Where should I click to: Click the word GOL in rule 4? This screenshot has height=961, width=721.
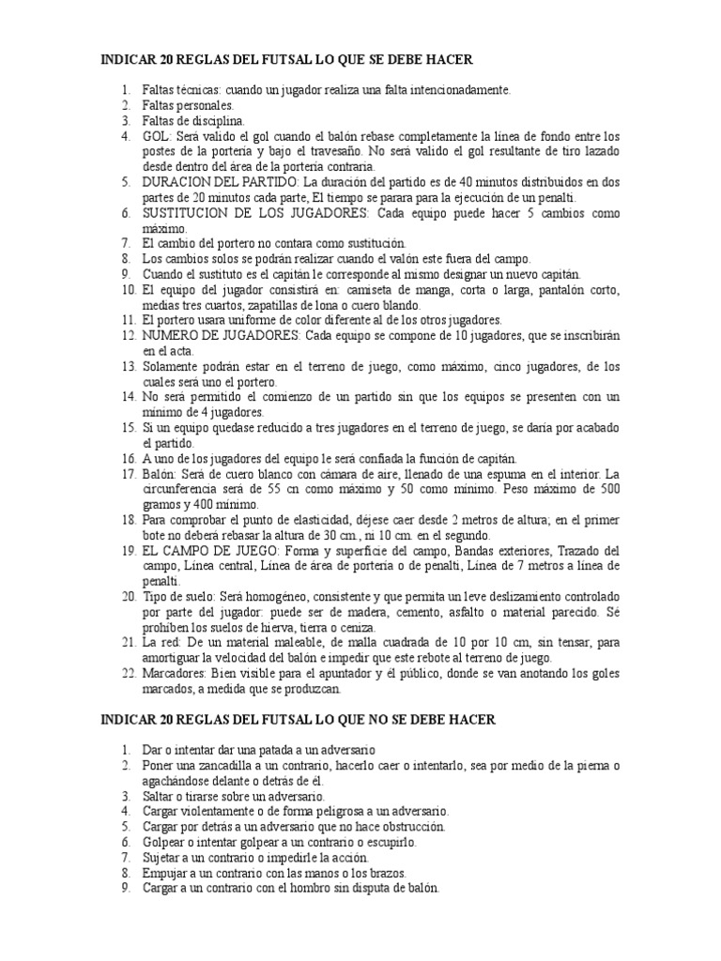click(156, 135)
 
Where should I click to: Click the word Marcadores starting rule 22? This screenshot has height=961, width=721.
click(171, 673)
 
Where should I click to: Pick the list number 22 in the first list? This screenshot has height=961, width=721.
click(128, 673)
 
